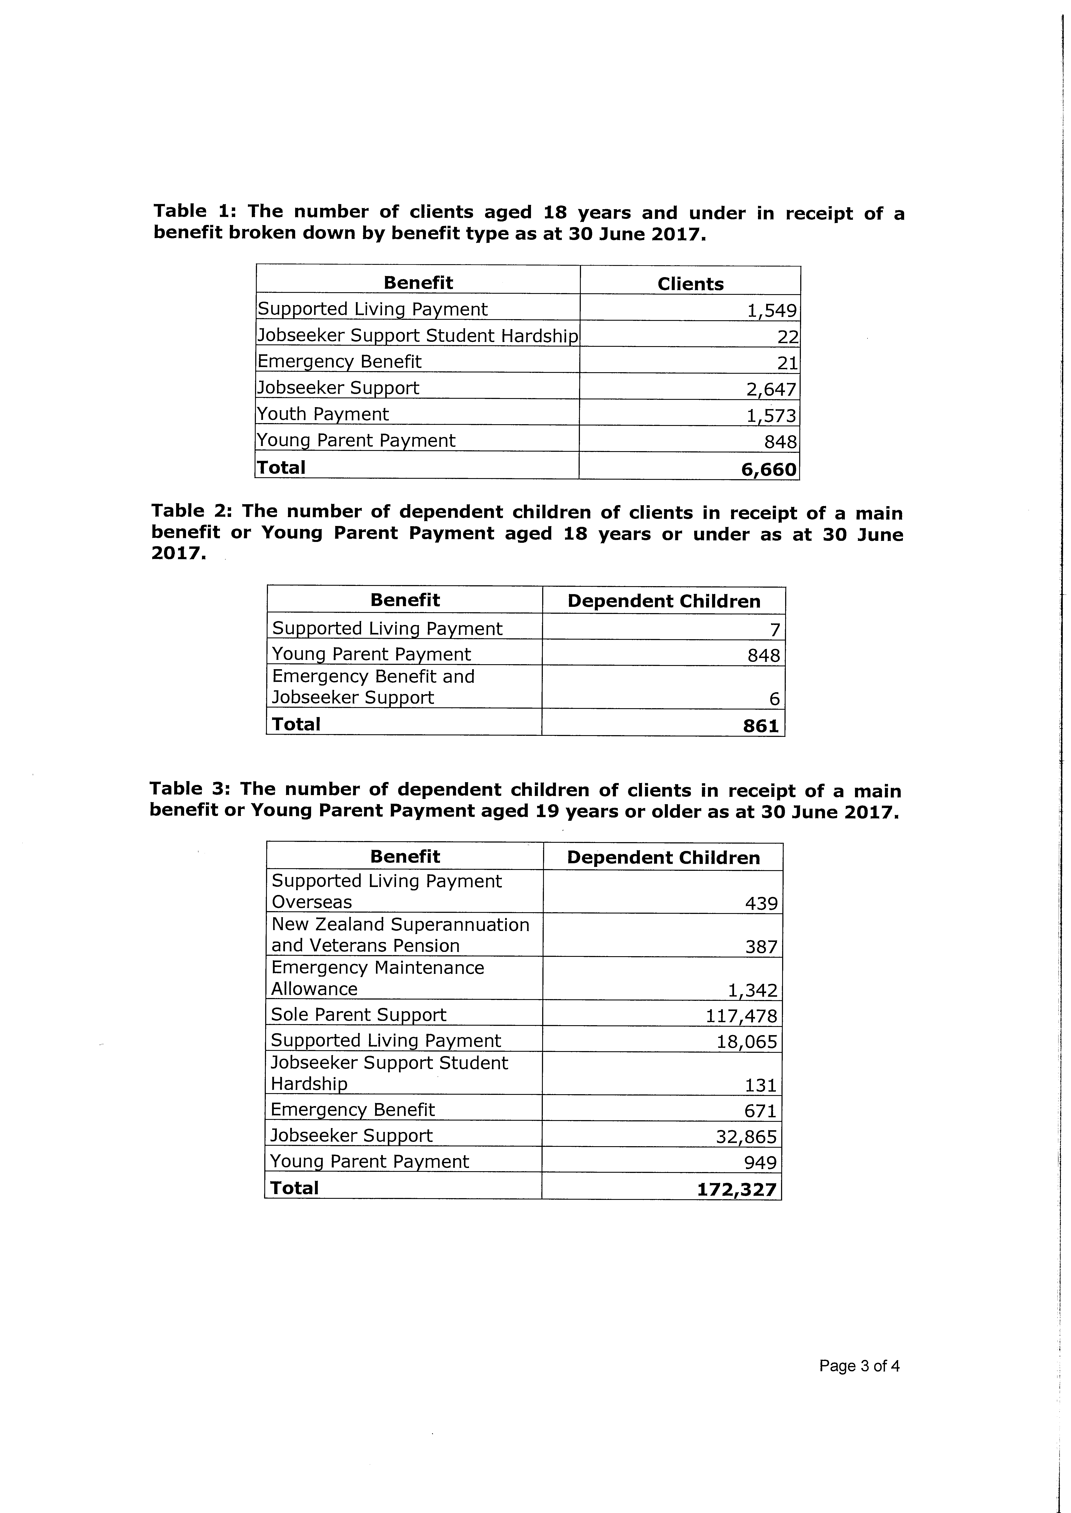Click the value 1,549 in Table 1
(x=772, y=310)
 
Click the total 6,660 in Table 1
(x=769, y=469)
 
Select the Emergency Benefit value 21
(x=788, y=363)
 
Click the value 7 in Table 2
(x=775, y=630)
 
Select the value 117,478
(x=741, y=1016)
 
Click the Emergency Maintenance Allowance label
(x=377, y=978)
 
